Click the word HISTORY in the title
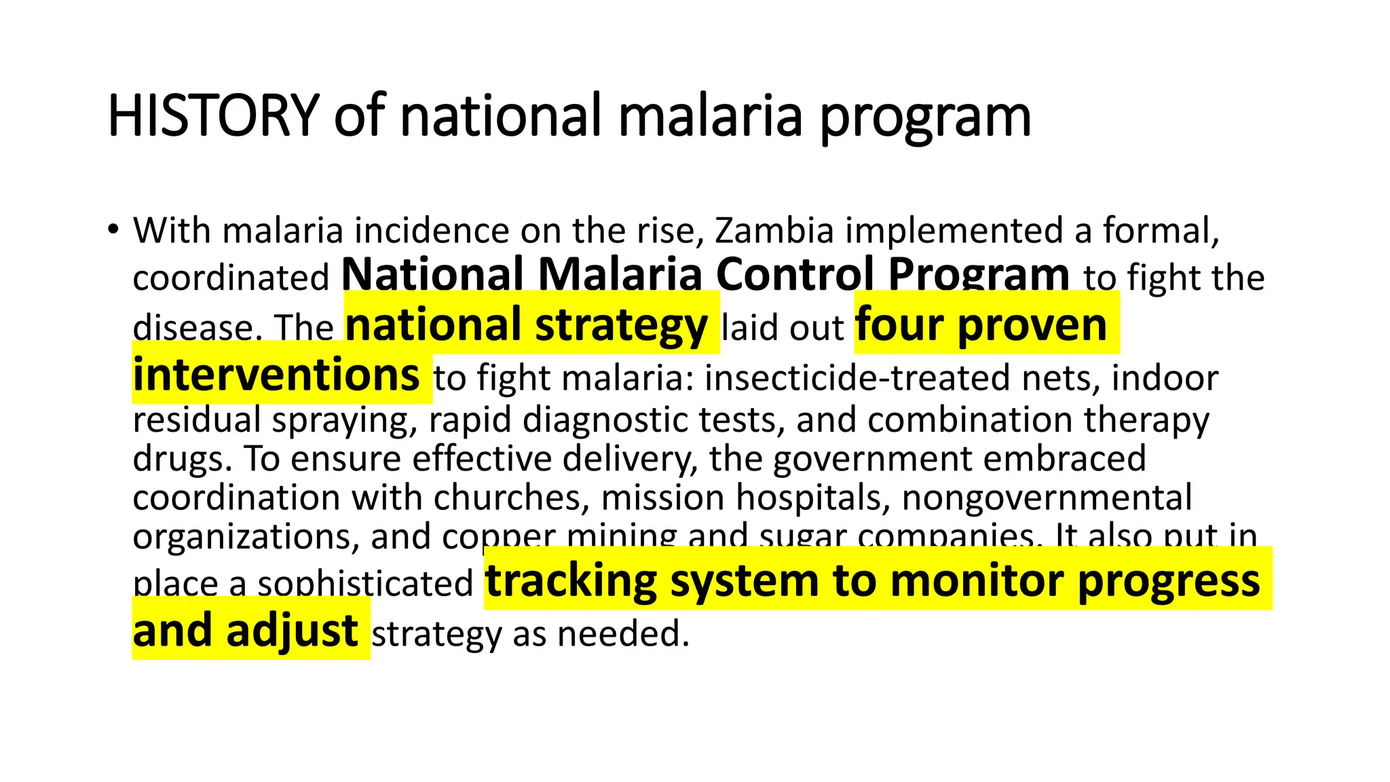213,116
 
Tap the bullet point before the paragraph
113,229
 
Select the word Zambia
774,231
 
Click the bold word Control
795,275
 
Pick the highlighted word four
899,325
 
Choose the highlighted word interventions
276,375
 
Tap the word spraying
345,420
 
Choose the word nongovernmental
1047,498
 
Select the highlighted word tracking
571,582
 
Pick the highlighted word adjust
292,631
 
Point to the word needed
623,634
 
